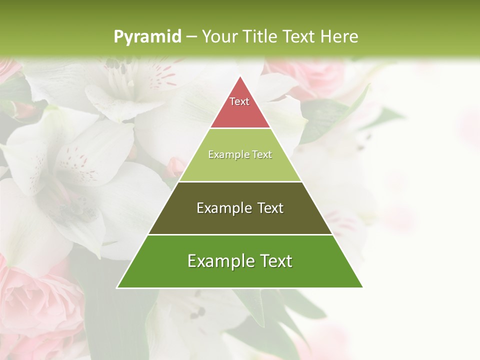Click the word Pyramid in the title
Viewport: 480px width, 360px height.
pos(147,37)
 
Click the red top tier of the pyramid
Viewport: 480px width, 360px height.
pos(240,107)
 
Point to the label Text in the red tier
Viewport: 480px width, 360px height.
pos(239,101)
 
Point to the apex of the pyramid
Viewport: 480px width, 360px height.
pos(240,76)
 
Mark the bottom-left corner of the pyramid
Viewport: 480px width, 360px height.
pos(117,287)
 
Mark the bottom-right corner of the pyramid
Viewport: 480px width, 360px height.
pos(362,287)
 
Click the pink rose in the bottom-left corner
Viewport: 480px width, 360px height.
pos(35,300)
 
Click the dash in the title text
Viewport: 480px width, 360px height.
pos(191,37)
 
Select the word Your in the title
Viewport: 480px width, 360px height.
pos(218,36)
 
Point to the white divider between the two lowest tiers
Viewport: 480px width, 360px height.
pos(240,234)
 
